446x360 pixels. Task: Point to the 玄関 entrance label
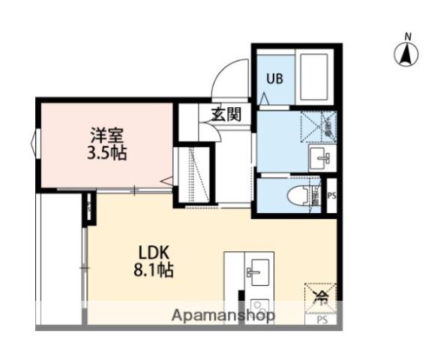click(226, 115)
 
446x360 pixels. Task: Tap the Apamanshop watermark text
click(224, 316)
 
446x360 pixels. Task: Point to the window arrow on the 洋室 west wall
click(33, 142)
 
